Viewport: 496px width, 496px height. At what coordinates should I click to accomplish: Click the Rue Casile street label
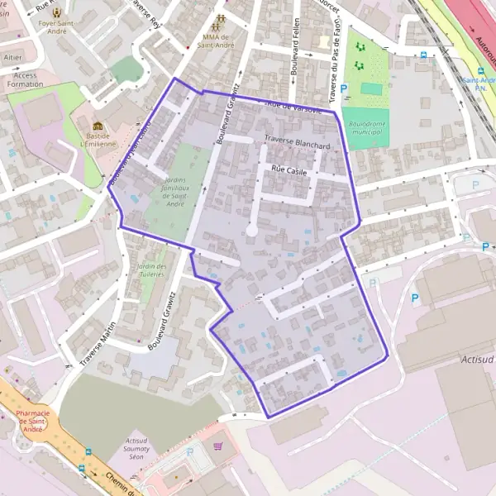[285, 169]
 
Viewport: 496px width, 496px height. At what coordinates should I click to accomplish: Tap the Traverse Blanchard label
[297, 142]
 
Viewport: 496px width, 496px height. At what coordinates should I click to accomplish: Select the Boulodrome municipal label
[365, 128]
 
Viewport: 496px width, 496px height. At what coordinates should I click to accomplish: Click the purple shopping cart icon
[218, 446]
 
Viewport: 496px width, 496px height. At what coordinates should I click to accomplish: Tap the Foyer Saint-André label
[56, 24]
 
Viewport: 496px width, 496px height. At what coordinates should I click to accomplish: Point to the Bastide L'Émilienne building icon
[99, 127]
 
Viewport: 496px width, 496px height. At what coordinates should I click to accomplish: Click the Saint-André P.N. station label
[479, 85]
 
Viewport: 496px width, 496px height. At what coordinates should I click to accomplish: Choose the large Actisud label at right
[475, 360]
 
